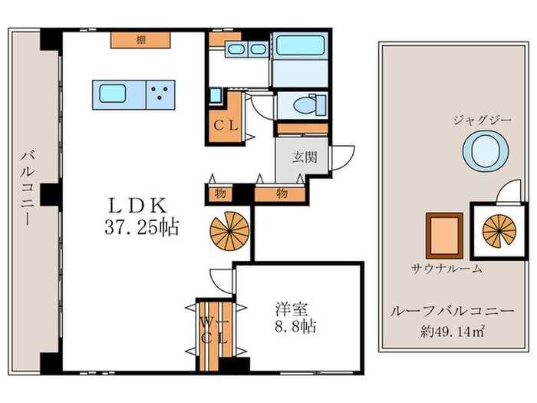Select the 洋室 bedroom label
point(292,310)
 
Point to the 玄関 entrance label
point(303,157)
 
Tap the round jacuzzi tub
point(487,150)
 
